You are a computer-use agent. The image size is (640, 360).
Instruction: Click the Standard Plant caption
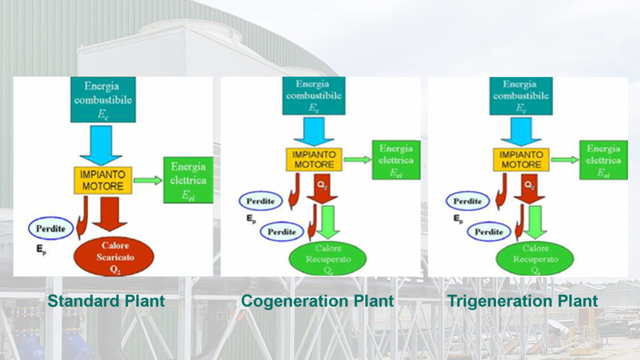[x=106, y=301]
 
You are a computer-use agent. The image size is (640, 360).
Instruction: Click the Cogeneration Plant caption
[x=317, y=301]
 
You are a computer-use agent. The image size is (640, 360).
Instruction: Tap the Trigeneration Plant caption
[x=522, y=301]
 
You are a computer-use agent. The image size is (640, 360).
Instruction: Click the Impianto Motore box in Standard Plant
[x=102, y=180]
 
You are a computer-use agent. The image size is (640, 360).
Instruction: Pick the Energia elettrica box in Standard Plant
[x=188, y=180]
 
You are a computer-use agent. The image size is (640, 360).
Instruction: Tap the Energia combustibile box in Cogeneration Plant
[x=313, y=95]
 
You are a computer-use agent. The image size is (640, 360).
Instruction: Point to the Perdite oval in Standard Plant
[x=51, y=228]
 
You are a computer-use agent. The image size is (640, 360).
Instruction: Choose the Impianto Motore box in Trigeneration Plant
[x=521, y=159]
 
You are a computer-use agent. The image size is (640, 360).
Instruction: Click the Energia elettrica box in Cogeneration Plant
[x=396, y=159]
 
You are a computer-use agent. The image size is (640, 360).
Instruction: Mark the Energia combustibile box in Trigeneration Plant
[x=520, y=95]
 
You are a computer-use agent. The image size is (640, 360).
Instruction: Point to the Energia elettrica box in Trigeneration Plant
[x=603, y=159]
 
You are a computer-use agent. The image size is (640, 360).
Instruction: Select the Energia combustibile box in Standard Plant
[x=103, y=99]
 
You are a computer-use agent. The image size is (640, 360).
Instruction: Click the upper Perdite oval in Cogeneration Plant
[x=260, y=201]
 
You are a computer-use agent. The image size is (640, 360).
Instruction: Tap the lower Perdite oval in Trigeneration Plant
[x=489, y=232]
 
